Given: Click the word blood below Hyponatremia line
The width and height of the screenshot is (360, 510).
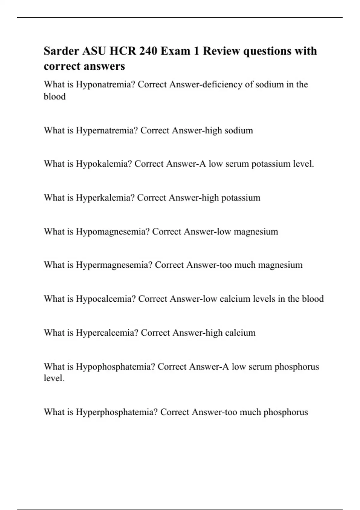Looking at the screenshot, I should click(x=55, y=97).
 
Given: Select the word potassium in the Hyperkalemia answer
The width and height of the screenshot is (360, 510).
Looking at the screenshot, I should click(x=241, y=198).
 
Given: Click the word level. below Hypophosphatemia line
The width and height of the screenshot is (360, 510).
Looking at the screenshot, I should click(x=54, y=378).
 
